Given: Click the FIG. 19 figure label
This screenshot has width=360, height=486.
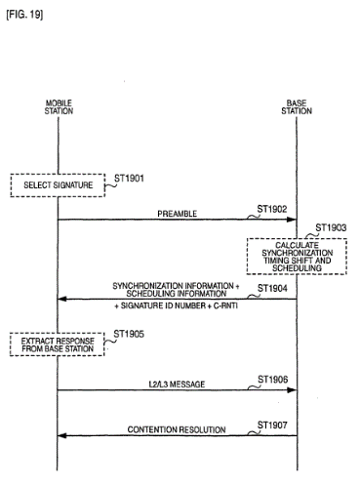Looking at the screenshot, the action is click(x=24, y=15).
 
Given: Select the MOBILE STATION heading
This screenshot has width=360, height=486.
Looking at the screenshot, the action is click(x=59, y=107).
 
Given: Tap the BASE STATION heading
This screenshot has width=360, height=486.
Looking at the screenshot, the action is click(x=297, y=107).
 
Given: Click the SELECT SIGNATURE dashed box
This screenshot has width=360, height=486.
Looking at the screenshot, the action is click(x=58, y=185).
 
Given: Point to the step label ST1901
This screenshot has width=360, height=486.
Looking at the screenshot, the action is click(x=129, y=179).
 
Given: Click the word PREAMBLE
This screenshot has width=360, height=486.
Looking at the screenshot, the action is click(x=178, y=214).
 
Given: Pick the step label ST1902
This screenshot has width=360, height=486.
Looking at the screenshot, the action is click(x=272, y=209).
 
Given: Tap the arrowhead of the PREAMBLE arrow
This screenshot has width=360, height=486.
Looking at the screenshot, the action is click(x=292, y=220).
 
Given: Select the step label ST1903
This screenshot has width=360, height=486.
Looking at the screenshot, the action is click(x=331, y=227).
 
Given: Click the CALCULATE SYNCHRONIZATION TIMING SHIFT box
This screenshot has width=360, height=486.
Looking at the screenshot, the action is click(x=297, y=257).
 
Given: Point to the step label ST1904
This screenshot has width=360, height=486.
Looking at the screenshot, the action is click(x=272, y=288).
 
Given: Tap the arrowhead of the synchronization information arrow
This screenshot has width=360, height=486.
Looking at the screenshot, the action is click(x=62, y=299).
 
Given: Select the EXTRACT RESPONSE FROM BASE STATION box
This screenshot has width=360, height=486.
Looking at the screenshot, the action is click(x=58, y=344).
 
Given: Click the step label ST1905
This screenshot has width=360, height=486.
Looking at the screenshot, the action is click(x=129, y=334).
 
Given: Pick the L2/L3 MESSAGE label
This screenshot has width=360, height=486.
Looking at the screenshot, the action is click(x=177, y=385).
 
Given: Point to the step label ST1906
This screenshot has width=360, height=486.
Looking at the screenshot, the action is click(x=273, y=380).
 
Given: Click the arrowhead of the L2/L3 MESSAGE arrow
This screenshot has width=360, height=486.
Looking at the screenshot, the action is click(x=292, y=389).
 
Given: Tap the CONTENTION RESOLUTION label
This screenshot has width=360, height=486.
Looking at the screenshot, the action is click(x=177, y=429).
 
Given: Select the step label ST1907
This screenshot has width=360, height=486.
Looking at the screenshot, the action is click(x=272, y=425).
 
